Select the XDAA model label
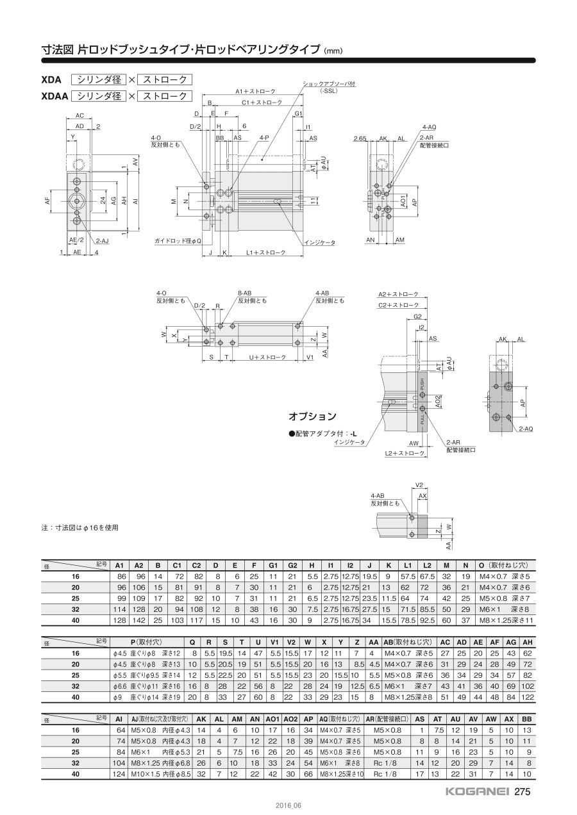coord(54,96)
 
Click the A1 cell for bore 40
coord(119,620)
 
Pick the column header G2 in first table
coord(292,565)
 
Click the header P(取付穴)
coord(146,642)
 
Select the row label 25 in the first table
coord(76,598)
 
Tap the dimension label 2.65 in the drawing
coord(360,138)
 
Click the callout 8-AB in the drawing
coord(245,293)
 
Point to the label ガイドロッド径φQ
coord(178,241)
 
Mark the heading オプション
coord(312,416)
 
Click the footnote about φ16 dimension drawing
coord(79,527)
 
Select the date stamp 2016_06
coord(288,805)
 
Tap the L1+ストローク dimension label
coord(266,252)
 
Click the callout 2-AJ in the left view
coord(103,240)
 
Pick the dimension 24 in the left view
coord(103,200)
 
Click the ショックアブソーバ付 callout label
coord(329,84)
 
